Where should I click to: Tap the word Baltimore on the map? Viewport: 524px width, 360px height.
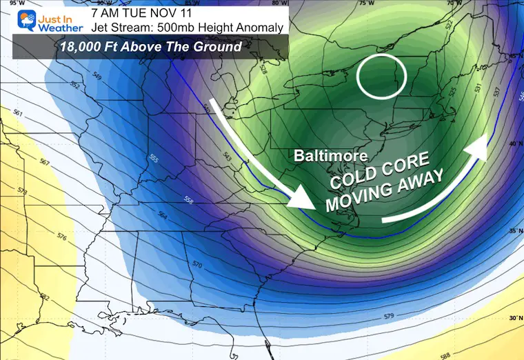[x=330, y=156]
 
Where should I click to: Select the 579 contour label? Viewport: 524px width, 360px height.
[x=390, y=317]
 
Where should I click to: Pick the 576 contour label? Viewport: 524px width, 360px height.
[x=61, y=238]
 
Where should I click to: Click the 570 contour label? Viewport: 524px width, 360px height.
[x=197, y=265]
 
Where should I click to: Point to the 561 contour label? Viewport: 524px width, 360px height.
[x=17, y=114]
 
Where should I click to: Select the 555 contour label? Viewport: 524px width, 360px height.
[x=153, y=159]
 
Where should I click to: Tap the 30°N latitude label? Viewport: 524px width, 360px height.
[x=513, y=319]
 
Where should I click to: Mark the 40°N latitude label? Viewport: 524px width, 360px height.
[x=513, y=143]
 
